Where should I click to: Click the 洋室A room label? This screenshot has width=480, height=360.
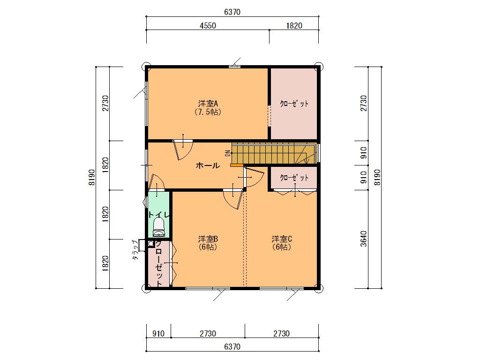click(x=208, y=104)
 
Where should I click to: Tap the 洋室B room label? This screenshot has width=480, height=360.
click(x=208, y=239)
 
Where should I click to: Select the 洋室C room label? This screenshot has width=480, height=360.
click(x=282, y=239)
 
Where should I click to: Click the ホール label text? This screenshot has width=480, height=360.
click(x=208, y=165)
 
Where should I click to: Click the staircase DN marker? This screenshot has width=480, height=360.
click(x=228, y=153)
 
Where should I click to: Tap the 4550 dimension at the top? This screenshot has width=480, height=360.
click(x=208, y=26)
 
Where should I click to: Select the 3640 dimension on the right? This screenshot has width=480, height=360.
click(x=363, y=239)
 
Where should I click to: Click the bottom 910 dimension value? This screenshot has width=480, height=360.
click(x=158, y=333)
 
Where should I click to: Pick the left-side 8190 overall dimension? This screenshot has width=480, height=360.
click(x=92, y=177)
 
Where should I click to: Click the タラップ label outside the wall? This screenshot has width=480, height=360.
click(x=135, y=250)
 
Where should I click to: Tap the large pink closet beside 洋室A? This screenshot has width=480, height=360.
click(x=294, y=104)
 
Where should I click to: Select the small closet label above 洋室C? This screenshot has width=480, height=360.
click(x=294, y=178)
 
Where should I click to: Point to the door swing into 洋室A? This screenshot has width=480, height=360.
click(x=183, y=150)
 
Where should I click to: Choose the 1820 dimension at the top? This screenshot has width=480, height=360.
click(x=294, y=26)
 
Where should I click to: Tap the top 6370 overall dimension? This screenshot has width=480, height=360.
click(x=232, y=12)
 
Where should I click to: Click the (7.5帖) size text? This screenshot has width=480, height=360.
click(x=208, y=112)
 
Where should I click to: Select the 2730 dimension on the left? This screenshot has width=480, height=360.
click(x=105, y=104)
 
